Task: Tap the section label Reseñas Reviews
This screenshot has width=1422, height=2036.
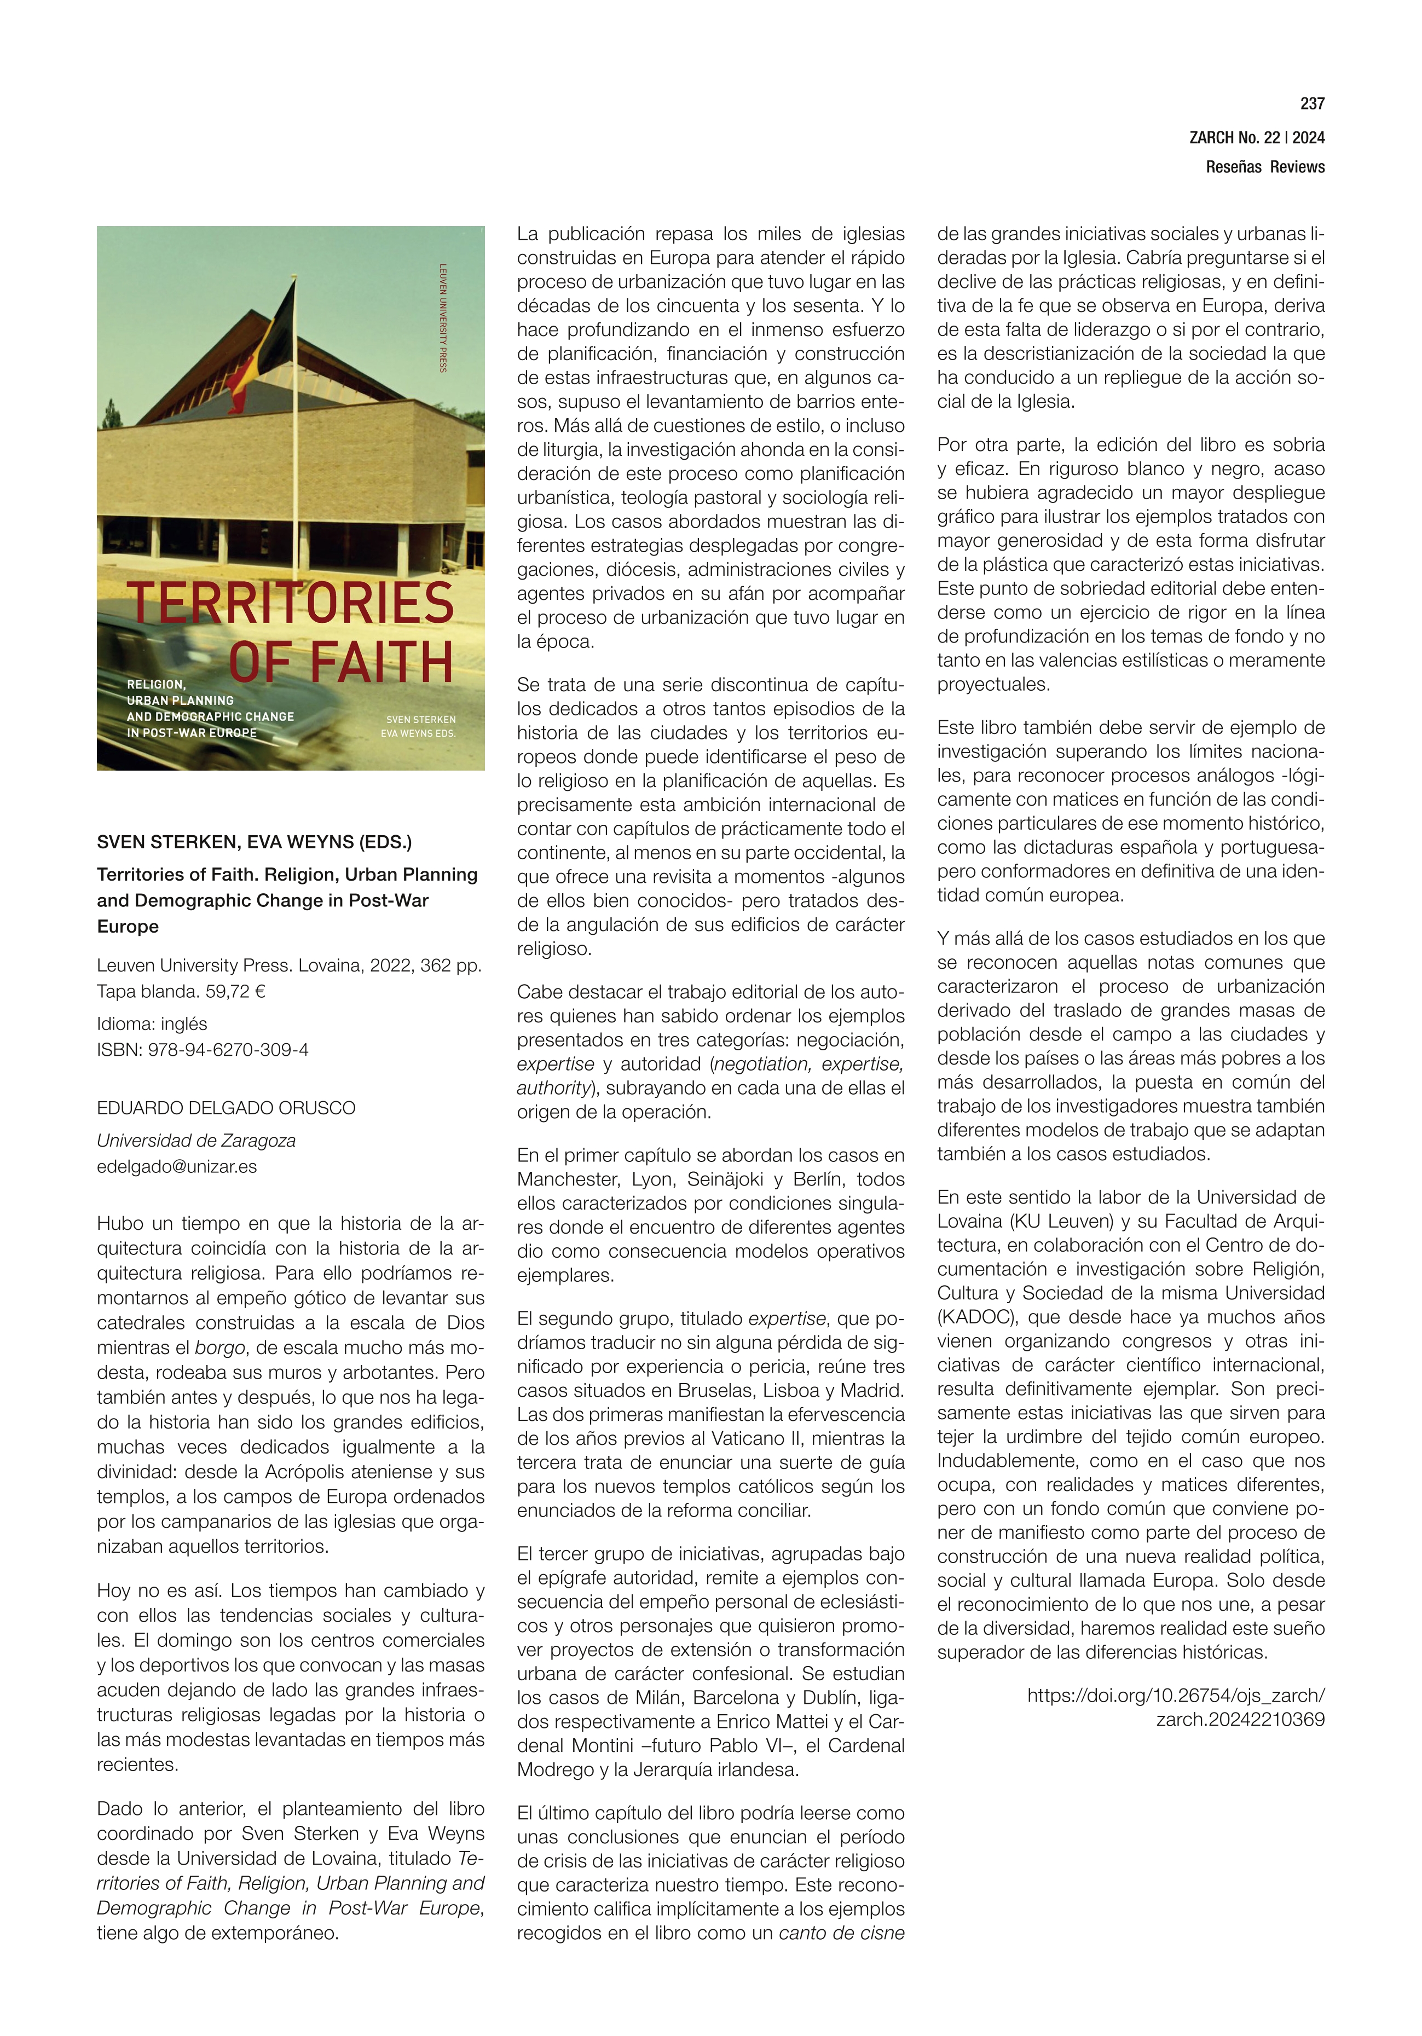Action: [1264, 167]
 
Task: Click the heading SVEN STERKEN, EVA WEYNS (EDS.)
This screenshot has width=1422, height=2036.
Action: [254, 842]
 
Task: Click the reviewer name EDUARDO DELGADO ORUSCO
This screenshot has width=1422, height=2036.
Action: [226, 1108]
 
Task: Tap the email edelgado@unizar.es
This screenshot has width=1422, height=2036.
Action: [177, 1167]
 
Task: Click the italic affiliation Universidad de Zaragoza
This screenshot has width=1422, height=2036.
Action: [196, 1141]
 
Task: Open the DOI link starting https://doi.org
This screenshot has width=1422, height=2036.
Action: [1175, 1696]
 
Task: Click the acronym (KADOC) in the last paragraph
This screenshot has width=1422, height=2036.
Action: [976, 1317]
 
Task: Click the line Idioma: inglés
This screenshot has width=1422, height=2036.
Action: [152, 1023]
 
